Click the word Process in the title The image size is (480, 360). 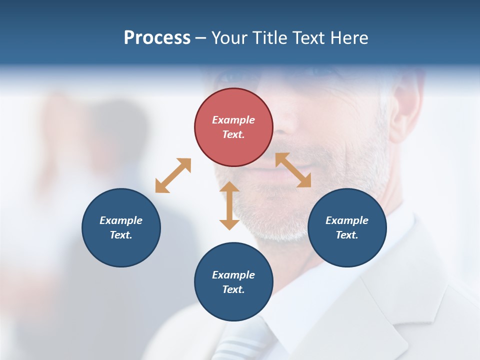click(x=157, y=38)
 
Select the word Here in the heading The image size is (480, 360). click(x=349, y=38)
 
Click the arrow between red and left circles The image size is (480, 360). click(x=173, y=175)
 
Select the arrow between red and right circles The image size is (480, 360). click(x=293, y=170)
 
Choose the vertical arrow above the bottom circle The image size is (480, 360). click(x=229, y=205)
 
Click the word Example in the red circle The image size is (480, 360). click(x=233, y=120)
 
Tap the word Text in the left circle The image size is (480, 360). click(x=121, y=235)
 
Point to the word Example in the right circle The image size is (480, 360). click(x=347, y=220)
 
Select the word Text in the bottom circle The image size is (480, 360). click(x=233, y=289)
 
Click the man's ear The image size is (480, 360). click(x=404, y=110)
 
